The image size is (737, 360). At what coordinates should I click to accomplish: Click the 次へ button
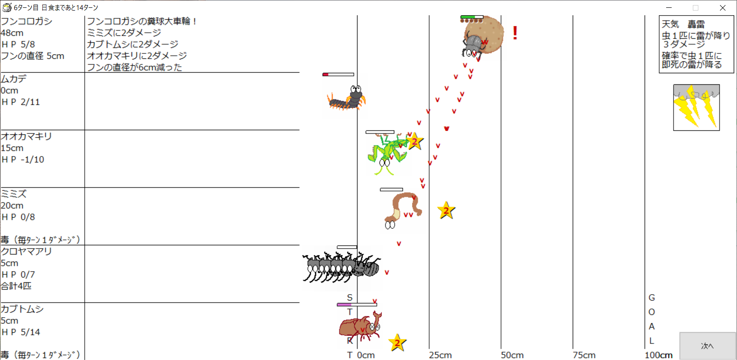708,346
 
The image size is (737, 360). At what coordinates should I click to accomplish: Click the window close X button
723,7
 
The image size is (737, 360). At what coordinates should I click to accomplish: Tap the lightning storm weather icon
696,107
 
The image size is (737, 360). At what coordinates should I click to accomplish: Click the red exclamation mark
515,33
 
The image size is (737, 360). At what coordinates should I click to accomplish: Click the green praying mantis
386,154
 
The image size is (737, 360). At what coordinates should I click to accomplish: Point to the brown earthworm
402,210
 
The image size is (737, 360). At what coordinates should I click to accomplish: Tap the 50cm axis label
512,355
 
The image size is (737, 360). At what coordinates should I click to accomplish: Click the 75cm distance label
584,355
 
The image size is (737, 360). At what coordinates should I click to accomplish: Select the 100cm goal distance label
658,355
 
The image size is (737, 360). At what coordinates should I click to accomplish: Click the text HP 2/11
20,102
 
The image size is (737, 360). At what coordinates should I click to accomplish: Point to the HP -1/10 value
23,159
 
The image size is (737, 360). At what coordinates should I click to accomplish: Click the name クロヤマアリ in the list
26,251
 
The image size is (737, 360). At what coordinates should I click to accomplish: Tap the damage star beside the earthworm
446,210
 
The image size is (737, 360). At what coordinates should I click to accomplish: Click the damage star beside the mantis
415,141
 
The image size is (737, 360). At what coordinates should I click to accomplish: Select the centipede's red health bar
338,75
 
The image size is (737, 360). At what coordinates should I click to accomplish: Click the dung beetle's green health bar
472,17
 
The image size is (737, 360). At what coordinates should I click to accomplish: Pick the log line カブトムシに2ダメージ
132,44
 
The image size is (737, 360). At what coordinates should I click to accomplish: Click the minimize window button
669,7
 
